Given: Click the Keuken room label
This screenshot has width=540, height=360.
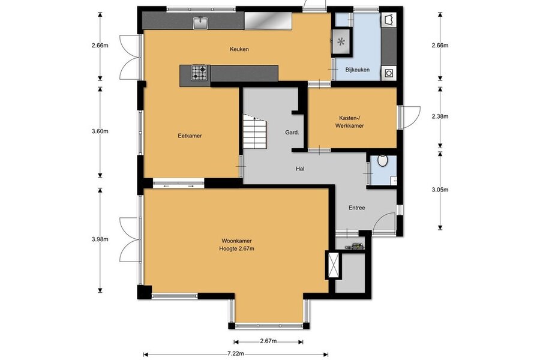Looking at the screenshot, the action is click(x=239, y=49).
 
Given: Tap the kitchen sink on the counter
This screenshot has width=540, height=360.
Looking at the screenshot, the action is click(x=200, y=23).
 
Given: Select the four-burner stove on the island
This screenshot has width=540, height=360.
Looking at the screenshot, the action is click(x=199, y=73).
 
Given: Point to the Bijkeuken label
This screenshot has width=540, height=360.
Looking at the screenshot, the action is click(x=358, y=70).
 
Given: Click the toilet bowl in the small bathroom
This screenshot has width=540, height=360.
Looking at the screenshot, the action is click(x=382, y=161).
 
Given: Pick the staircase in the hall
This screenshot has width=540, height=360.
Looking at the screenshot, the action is click(x=255, y=131).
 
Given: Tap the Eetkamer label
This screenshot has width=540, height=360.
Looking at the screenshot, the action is click(x=190, y=136).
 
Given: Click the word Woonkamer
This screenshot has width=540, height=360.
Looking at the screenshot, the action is click(x=236, y=241).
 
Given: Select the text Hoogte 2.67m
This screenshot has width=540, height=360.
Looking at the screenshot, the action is click(x=236, y=248).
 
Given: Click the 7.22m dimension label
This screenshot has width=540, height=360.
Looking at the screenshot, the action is click(x=236, y=354).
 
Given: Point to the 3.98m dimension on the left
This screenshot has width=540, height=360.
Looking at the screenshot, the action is click(x=100, y=239).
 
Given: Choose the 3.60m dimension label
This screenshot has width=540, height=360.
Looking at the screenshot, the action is click(x=100, y=131).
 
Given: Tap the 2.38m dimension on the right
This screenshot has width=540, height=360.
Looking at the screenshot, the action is click(x=440, y=116).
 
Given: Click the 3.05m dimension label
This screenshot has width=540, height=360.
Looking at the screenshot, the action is click(x=440, y=190).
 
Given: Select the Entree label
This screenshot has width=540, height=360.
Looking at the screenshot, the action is click(x=357, y=208).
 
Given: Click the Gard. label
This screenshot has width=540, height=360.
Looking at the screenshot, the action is click(x=292, y=132).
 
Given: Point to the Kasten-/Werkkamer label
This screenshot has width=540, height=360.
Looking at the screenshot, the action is click(x=350, y=122).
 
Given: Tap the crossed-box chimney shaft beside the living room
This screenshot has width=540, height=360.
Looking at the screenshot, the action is click(x=332, y=265).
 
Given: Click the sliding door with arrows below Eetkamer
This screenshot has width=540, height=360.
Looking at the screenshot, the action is click(x=178, y=186).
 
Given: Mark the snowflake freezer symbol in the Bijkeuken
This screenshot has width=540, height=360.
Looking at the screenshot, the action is click(x=341, y=42).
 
